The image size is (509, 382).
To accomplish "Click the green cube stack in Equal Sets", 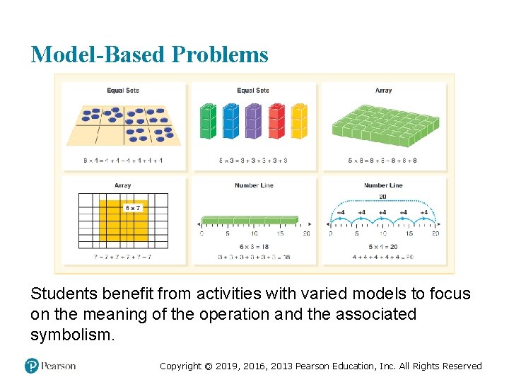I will click(x=207, y=121).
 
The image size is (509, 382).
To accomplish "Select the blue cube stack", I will click(x=230, y=121).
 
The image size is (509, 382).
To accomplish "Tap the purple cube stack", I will click(x=253, y=121).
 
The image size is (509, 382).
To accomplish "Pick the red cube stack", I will click(x=276, y=121).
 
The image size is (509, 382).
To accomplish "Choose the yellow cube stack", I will click(x=299, y=121).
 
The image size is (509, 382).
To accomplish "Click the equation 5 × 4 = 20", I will click(x=382, y=246).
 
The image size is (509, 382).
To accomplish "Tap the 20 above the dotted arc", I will click(x=382, y=197).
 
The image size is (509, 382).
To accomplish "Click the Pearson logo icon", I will click(x=32, y=366).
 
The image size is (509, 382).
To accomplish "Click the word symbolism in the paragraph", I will click(x=70, y=335).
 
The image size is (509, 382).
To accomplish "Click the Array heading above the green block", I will click(x=383, y=91).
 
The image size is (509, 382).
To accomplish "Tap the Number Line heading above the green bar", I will click(x=253, y=185).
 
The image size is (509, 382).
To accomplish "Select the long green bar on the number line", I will click(x=249, y=219).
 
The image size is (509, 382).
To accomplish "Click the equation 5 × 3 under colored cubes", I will click(x=252, y=161).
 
